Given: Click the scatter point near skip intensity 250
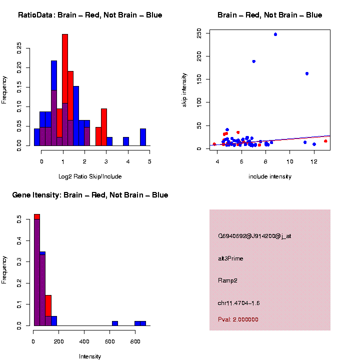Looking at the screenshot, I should click(275, 34).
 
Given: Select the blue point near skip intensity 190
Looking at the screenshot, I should click(254, 61).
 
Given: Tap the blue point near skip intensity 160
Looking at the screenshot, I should click(307, 73).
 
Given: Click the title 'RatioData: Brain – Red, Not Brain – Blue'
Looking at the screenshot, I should click(90, 15).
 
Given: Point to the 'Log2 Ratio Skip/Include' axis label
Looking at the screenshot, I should click(90, 176).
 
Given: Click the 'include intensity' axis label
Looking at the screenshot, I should click(270, 176).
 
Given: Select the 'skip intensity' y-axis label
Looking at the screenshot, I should click(184, 88).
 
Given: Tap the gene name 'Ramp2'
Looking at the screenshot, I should click(228, 280).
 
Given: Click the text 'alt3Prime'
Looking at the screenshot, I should click(230, 258).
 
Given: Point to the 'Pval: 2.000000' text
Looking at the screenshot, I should click(238, 319).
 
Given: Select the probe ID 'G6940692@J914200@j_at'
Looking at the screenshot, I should click(254, 236).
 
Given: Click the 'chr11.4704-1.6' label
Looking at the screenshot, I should click(239, 303).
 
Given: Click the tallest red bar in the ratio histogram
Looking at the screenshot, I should click(65, 90).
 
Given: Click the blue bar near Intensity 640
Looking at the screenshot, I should click(115, 323).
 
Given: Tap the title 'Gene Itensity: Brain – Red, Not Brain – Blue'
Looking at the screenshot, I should click(90, 195).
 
